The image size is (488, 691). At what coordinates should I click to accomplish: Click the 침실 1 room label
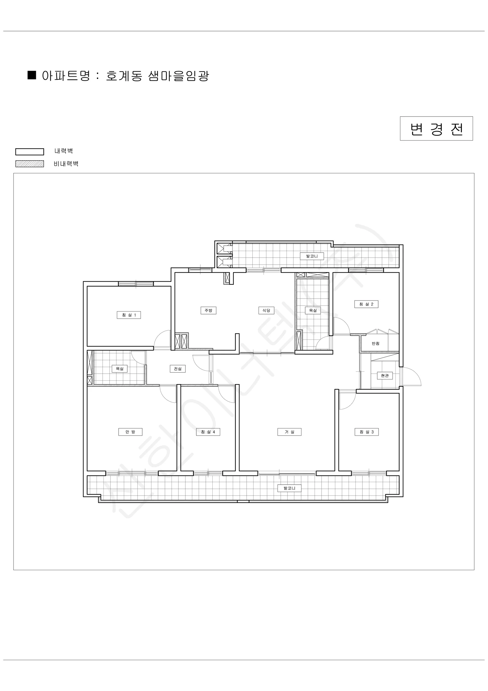(x=129, y=315)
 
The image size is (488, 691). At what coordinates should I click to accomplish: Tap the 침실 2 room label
(x=366, y=304)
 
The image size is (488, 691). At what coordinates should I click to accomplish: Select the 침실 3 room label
(x=367, y=432)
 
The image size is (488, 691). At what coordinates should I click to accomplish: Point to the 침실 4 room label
(x=208, y=432)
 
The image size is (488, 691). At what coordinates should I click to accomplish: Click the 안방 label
(x=130, y=432)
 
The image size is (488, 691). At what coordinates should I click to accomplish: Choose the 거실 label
(x=289, y=432)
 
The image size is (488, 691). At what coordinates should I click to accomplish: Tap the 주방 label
(x=209, y=310)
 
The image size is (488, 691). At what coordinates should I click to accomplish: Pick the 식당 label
(x=266, y=310)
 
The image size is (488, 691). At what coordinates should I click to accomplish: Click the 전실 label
(x=178, y=369)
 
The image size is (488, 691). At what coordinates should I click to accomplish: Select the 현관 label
(x=385, y=376)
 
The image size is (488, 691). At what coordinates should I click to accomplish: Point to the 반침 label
(x=376, y=343)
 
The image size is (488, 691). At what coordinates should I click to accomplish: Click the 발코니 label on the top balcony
(x=312, y=256)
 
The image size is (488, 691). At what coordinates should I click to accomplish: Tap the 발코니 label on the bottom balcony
(x=289, y=488)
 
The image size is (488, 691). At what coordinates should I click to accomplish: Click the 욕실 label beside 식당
(x=313, y=310)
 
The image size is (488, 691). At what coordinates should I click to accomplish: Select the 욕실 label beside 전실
(x=120, y=369)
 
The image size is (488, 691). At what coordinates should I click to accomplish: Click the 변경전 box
(x=436, y=128)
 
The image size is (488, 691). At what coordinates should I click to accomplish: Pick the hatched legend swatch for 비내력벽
(x=30, y=164)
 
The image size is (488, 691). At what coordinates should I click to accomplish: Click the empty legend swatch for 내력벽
(x=30, y=152)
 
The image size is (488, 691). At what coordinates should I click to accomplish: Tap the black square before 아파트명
(x=32, y=75)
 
